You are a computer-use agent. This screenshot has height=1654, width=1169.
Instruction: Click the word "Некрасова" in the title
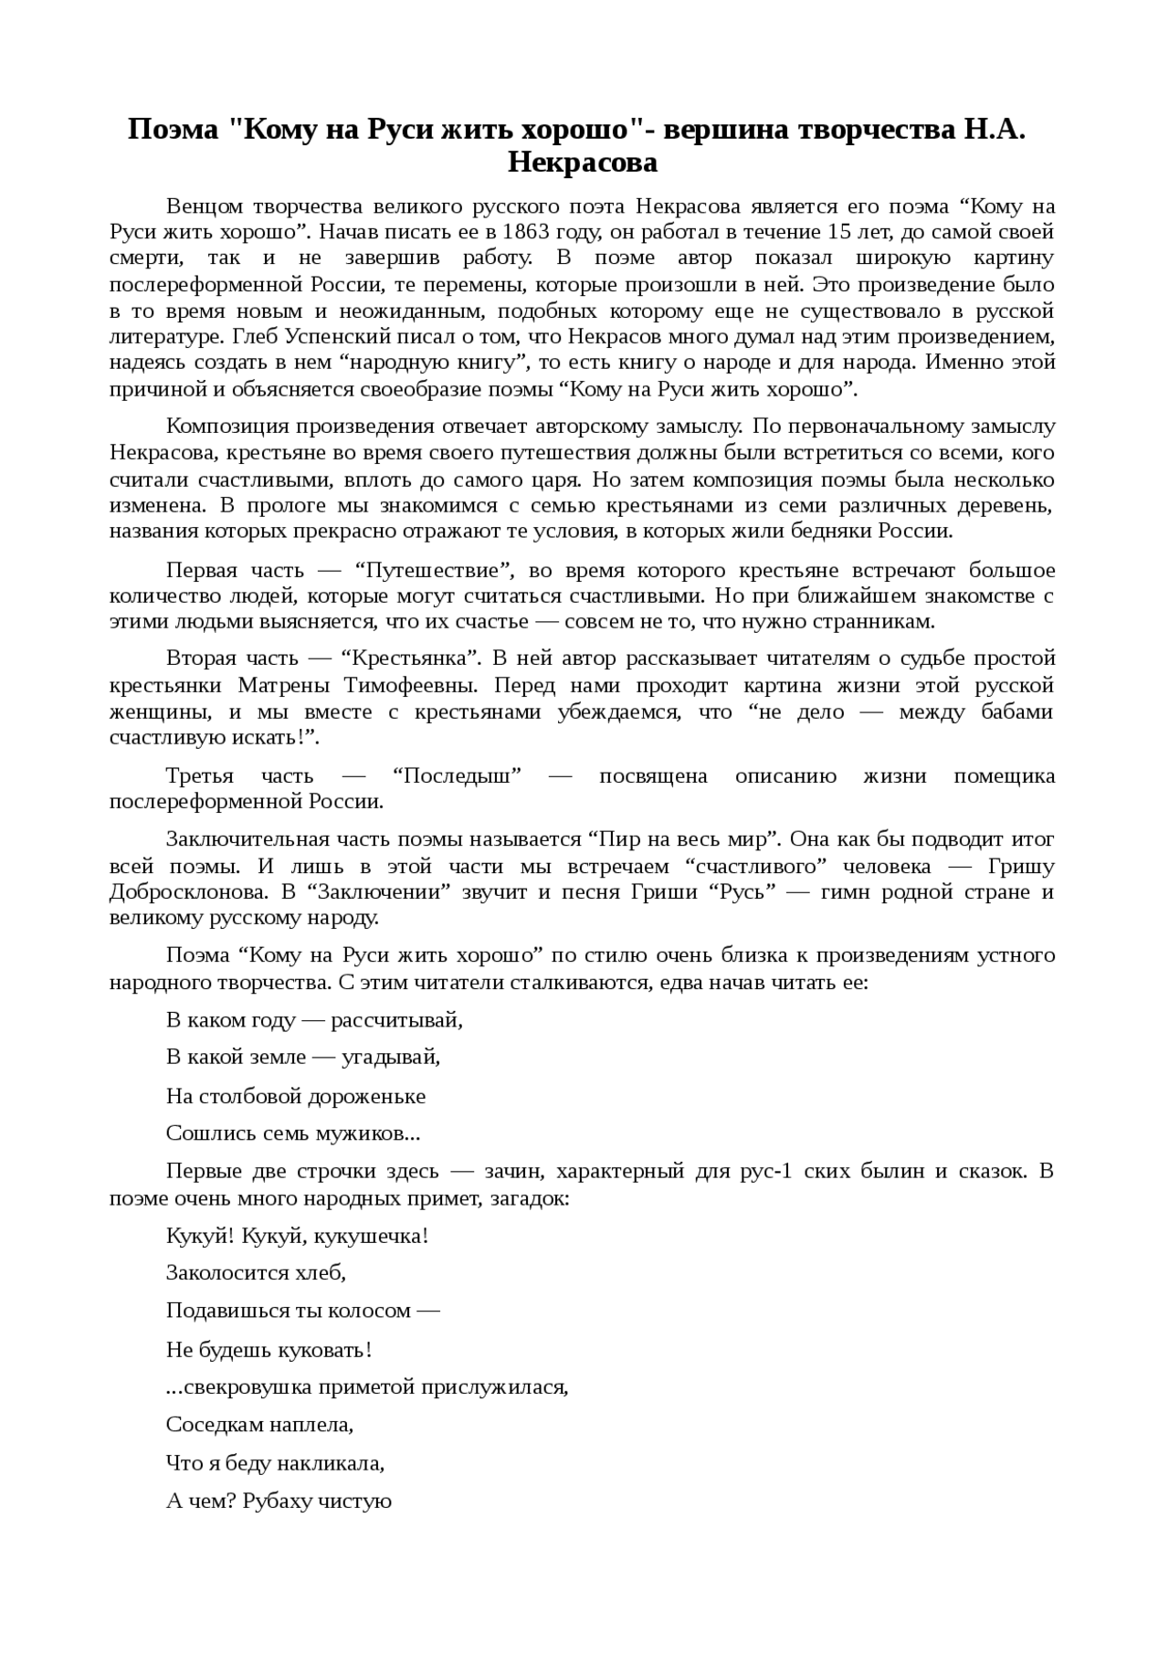[x=583, y=163]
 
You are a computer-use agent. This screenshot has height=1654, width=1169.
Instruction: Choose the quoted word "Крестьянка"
[x=411, y=658]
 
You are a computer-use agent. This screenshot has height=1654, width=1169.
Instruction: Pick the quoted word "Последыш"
[x=457, y=776]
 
